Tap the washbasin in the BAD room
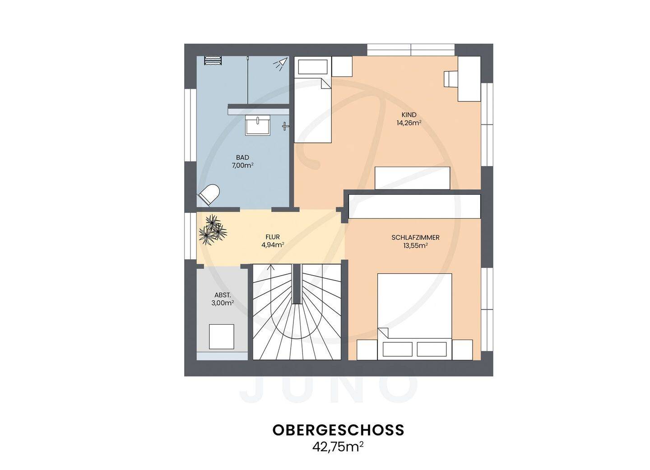tap(258, 125)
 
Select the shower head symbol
tap(281, 64)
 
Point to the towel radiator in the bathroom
tap(213, 60)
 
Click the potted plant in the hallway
tap(213, 230)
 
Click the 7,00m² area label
tap(242, 166)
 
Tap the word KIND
tap(409, 115)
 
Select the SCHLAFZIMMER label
tap(415, 237)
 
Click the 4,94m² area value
tap(273, 245)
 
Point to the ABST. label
tap(223, 295)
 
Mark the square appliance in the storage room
tap(221, 336)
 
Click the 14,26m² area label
tap(409, 123)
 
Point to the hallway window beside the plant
tap(190, 236)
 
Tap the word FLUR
tap(273, 237)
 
